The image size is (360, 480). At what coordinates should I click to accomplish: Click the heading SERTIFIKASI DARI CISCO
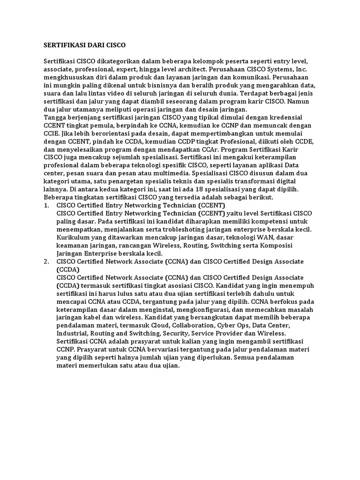[84, 45]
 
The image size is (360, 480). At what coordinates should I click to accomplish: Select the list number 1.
[46, 205]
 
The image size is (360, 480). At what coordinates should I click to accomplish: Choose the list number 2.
[46, 261]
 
